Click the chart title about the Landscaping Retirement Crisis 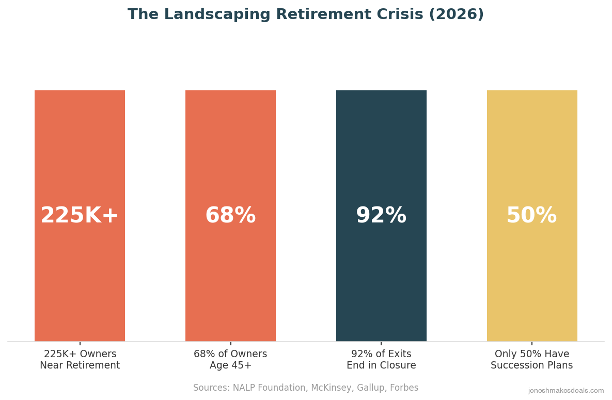pyautogui.click(x=306, y=15)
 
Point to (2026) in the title pyautogui.click(x=456, y=15)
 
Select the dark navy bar pyautogui.click(x=381, y=155)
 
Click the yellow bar pyautogui.click(x=532, y=155)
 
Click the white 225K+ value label pyautogui.click(x=80, y=216)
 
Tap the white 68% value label pyautogui.click(x=230, y=216)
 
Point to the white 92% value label pyautogui.click(x=381, y=216)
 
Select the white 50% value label pyautogui.click(x=531, y=216)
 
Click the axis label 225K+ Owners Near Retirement pyautogui.click(x=80, y=360)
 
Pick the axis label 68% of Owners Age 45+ pyautogui.click(x=230, y=360)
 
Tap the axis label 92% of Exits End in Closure pyautogui.click(x=381, y=360)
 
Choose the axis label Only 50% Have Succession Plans pyautogui.click(x=531, y=360)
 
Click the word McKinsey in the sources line pyautogui.click(x=331, y=388)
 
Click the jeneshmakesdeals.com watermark pyautogui.click(x=566, y=391)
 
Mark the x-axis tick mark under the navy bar pyautogui.click(x=381, y=343)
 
